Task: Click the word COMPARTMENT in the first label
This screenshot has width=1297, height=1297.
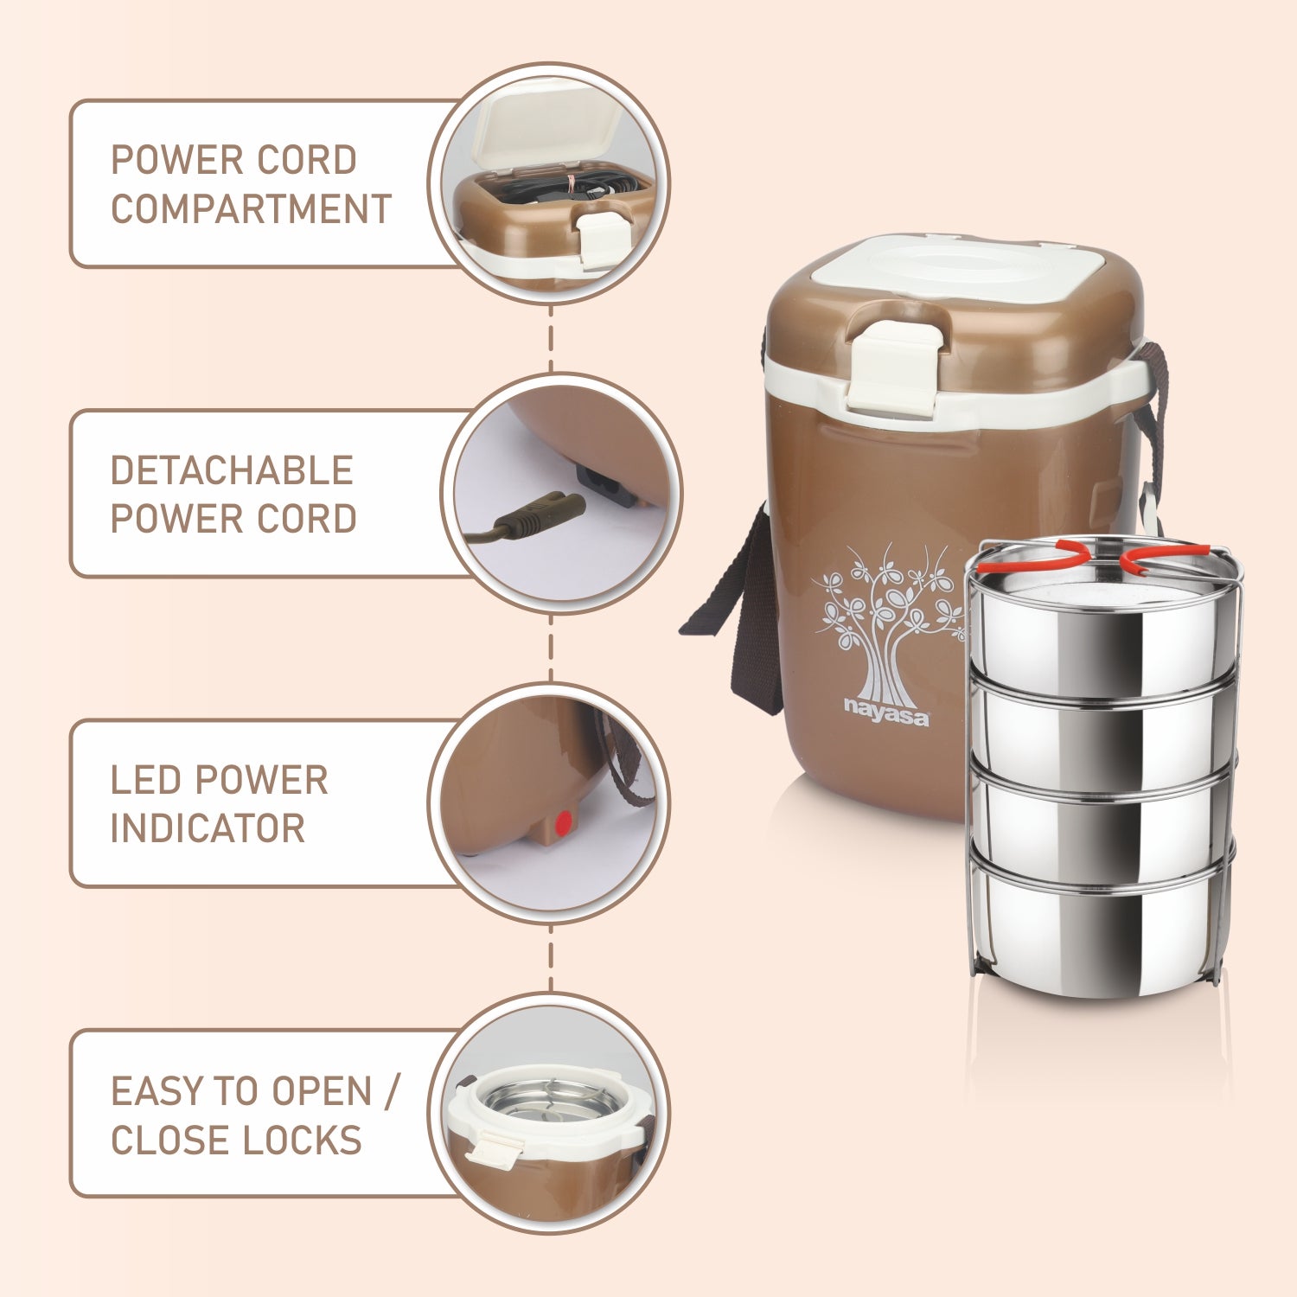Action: (x=251, y=209)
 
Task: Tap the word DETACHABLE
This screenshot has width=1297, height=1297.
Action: (x=232, y=471)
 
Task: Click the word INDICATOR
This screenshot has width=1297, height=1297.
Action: (x=208, y=828)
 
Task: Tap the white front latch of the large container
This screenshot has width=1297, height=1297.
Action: (x=894, y=367)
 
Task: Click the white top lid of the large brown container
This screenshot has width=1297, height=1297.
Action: (x=959, y=268)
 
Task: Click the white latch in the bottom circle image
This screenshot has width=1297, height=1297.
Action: (x=495, y=1149)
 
